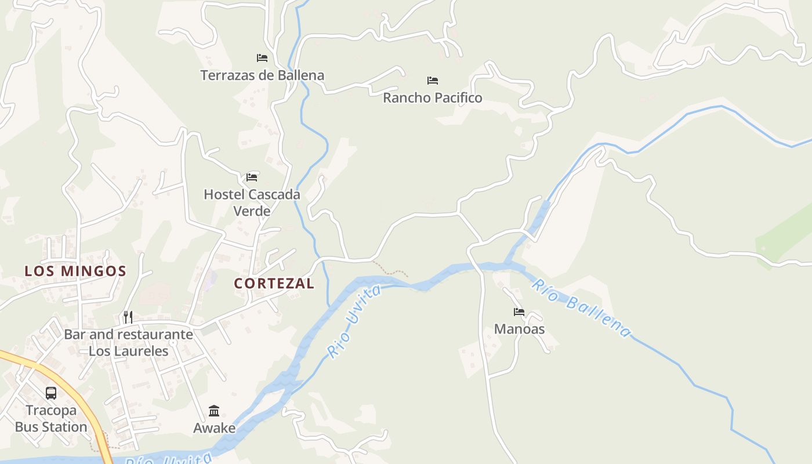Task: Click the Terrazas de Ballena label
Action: pyautogui.click(x=262, y=75)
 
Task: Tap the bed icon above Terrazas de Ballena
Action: pyautogui.click(x=262, y=58)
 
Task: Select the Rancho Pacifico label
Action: pyautogui.click(x=432, y=98)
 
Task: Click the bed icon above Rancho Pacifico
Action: pyautogui.click(x=433, y=81)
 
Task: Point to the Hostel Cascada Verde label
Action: pyautogui.click(x=252, y=202)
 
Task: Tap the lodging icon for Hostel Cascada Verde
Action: pyautogui.click(x=252, y=177)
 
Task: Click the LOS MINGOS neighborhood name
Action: pyautogui.click(x=75, y=271)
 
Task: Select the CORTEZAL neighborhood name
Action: pyautogui.click(x=274, y=284)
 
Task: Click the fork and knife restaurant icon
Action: pyautogui.click(x=128, y=317)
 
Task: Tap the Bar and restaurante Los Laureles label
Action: pyautogui.click(x=128, y=342)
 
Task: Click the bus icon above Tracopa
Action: pyautogui.click(x=51, y=393)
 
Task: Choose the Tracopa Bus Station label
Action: pyautogui.click(x=51, y=419)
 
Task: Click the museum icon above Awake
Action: pyautogui.click(x=214, y=411)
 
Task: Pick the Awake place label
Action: pyautogui.click(x=214, y=428)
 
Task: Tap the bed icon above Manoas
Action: pyautogui.click(x=519, y=312)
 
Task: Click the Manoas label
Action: pyautogui.click(x=519, y=329)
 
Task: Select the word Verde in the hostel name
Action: pyautogui.click(x=252, y=211)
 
